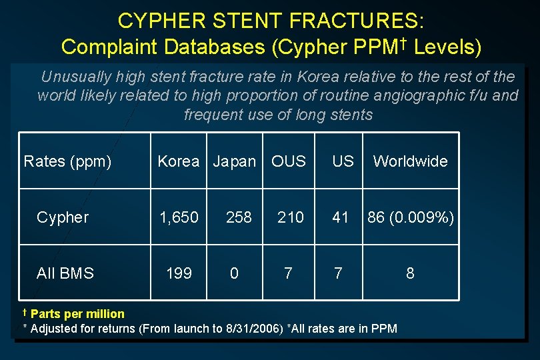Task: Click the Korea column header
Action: pyautogui.click(x=178, y=161)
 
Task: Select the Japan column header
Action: pyautogui.click(x=234, y=161)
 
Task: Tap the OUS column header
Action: pyautogui.click(x=289, y=161)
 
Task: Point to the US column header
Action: pyautogui.click(x=343, y=161)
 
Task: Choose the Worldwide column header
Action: pyautogui.click(x=410, y=161)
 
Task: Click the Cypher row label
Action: pyautogui.click(x=63, y=217)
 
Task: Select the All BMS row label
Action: pyautogui.click(x=65, y=273)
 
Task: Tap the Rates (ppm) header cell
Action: pyautogui.click(x=67, y=161)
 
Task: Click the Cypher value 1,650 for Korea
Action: pyautogui.click(x=178, y=217)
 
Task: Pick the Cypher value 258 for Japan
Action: pyautogui.click(x=239, y=217)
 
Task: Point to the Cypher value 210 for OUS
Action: pyautogui.click(x=291, y=217)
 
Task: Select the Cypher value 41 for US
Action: pyautogui.click(x=341, y=217)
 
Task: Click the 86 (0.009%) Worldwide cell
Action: pyautogui.click(x=411, y=217)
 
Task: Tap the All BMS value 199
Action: pyautogui.click(x=179, y=273)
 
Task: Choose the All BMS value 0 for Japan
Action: pyautogui.click(x=234, y=273)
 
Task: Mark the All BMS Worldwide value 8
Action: pyautogui.click(x=410, y=273)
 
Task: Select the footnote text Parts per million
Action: pyautogui.click(x=77, y=313)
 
